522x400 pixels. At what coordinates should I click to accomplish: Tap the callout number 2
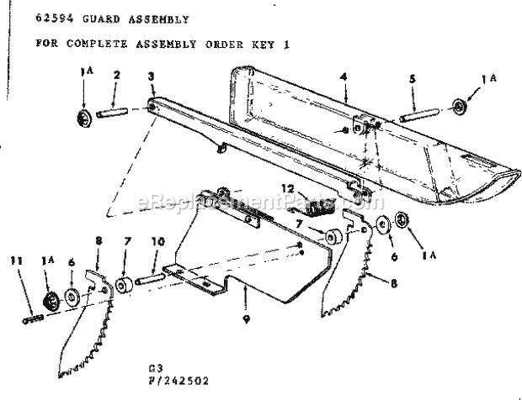(117, 75)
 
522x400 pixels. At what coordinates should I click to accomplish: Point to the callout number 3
(150, 76)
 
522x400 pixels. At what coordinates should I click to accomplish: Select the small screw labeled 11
(32, 316)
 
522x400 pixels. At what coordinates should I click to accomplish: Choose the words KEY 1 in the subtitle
(273, 40)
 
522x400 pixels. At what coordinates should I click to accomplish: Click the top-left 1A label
(83, 74)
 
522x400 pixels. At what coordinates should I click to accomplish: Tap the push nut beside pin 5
(461, 107)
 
